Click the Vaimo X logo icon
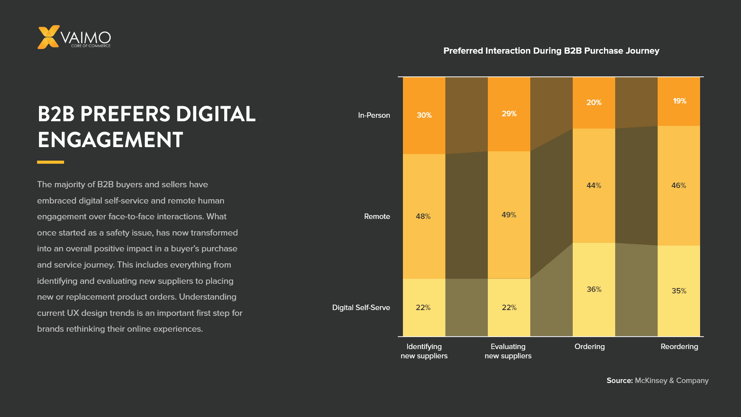tap(48, 37)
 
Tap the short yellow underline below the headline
tap(51, 162)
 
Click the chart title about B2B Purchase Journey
tap(551, 51)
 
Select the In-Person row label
tap(374, 115)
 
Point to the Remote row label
tap(377, 216)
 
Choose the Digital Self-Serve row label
tap(361, 307)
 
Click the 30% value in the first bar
tap(424, 115)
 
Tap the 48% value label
tap(423, 216)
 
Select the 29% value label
tap(509, 114)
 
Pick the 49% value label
tap(509, 215)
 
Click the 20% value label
tap(594, 102)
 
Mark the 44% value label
tap(594, 185)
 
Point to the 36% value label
tap(594, 289)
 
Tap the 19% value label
tap(680, 101)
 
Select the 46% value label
tap(678, 185)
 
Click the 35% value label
tap(679, 291)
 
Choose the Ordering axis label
tap(589, 346)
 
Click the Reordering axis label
tap(679, 346)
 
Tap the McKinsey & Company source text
tap(672, 380)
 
